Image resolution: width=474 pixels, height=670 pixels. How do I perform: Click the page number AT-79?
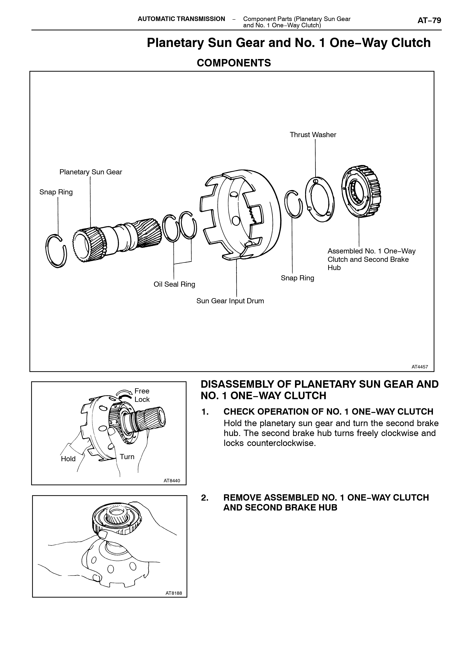coord(429,20)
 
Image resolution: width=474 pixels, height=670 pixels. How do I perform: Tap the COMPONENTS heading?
coord(234,63)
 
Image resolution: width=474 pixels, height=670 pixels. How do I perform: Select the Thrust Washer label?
coord(313,135)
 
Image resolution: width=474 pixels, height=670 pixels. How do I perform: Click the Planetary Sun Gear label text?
coord(91,172)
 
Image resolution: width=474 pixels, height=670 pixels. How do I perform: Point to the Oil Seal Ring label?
coord(174,284)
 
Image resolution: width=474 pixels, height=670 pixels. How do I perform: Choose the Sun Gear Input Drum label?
coord(230,301)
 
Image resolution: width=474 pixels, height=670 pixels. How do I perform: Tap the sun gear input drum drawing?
coord(241,214)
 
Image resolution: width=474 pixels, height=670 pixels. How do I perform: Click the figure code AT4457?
coord(420,367)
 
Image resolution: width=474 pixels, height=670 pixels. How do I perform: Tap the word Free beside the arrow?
coord(142,391)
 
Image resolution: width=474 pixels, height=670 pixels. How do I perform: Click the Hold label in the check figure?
coord(68,459)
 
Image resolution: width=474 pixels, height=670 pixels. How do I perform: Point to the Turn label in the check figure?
coord(127,457)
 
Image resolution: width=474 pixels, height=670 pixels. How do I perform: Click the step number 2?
coord(205,498)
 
